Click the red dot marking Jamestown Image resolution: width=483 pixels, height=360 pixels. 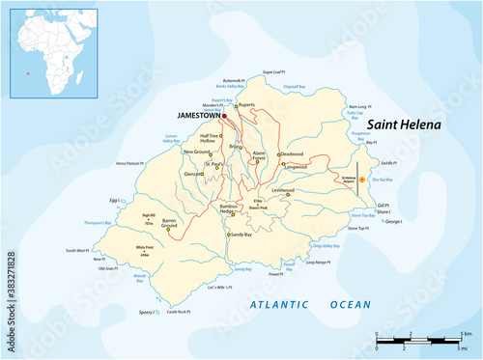(224, 115)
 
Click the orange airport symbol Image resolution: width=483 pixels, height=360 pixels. (361, 180)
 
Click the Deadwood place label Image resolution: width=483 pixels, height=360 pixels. (291, 153)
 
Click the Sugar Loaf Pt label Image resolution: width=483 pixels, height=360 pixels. (276, 72)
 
